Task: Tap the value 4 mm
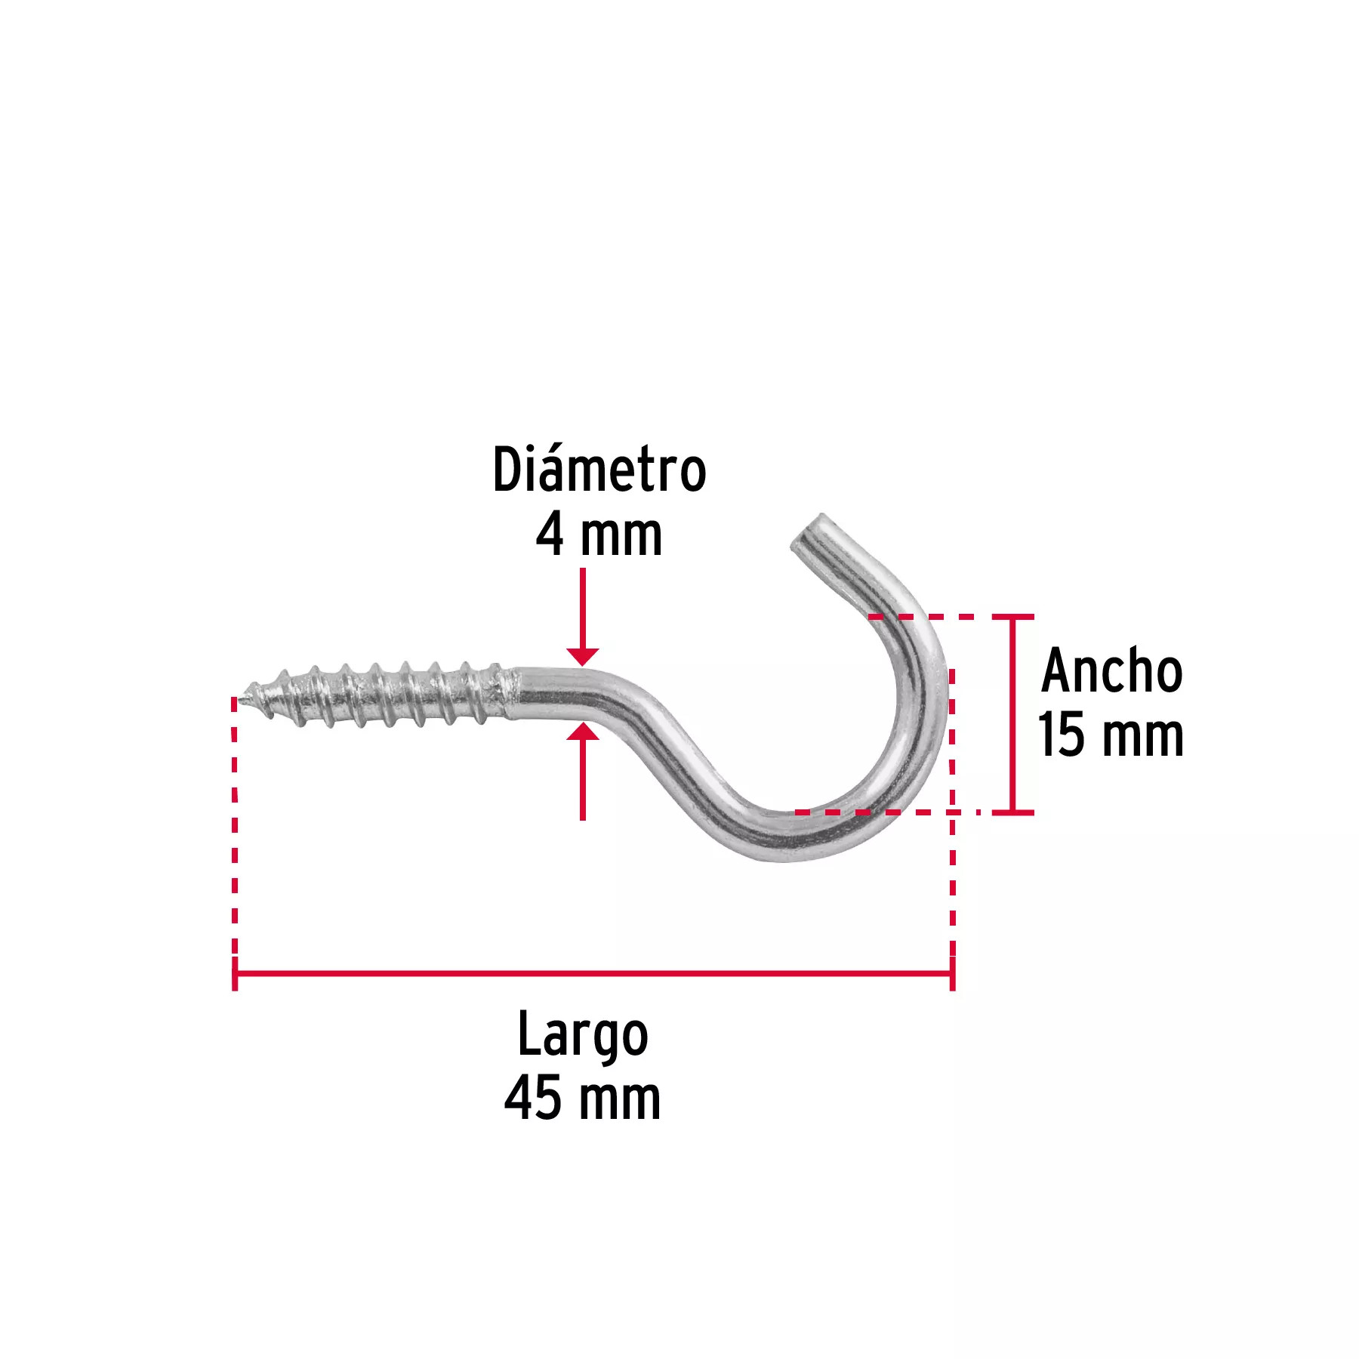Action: coord(599,535)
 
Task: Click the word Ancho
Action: coord(1111,670)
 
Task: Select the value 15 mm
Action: coord(1111,735)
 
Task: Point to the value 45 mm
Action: coord(582,1099)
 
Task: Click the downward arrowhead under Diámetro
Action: coord(582,656)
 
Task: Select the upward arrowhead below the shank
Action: coord(582,731)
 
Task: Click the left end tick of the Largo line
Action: coord(235,973)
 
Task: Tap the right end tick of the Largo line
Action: coord(952,973)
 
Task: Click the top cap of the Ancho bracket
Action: coord(1012,617)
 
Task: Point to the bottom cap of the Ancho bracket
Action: coord(1012,812)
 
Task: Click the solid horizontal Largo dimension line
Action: coord(593,973)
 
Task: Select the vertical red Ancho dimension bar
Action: coord(1012,714)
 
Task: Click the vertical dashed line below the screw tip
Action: coord(235,827)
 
